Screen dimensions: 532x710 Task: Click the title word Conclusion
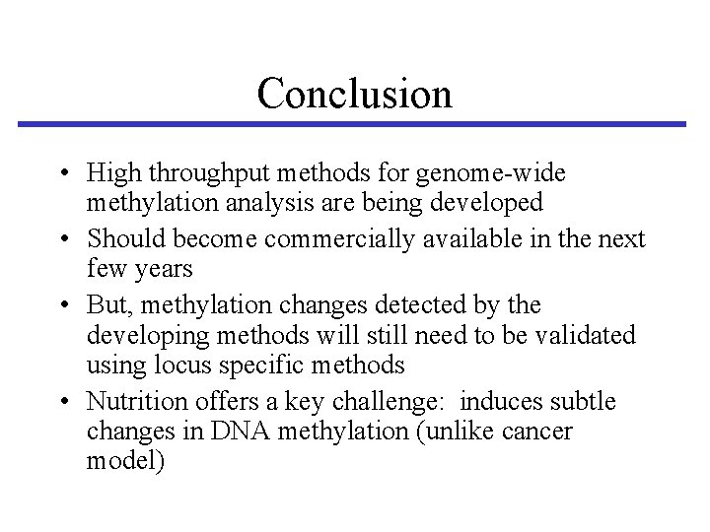354,94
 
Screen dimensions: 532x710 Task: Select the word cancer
536,432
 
